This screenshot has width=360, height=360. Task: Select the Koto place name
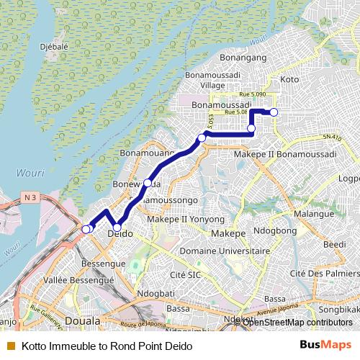[289, 78]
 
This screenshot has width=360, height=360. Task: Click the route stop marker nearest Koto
[274, 112]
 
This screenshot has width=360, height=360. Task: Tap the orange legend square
[9, 346]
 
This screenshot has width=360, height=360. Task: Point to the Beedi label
[335, 245]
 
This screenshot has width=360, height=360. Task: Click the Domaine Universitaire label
[225, 251]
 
